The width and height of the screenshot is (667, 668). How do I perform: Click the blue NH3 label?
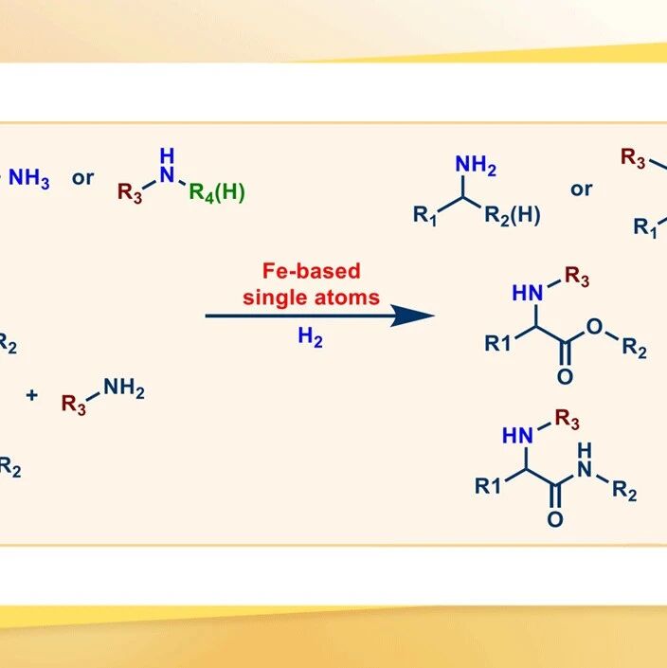[x=29, y=178]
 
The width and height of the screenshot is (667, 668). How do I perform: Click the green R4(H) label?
[x=217, y=192]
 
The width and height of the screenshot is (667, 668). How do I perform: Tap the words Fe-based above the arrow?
[x=312, y=271]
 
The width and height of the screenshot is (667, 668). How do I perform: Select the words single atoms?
[x=311, y=298]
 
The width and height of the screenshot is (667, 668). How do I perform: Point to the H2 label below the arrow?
[x=310, y=337]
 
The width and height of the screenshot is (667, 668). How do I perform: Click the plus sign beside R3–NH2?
[x=31, y=395]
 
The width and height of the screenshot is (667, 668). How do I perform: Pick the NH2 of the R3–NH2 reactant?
[x=124, y=388]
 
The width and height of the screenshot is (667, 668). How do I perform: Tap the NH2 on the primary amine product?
[x=476, y=165]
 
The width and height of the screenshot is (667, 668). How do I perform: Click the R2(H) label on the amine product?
[x=513, y=215]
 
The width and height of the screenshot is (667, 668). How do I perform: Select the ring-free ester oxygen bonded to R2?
[x=594, y=327]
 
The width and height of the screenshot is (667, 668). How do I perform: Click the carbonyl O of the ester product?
[x=566, y=376]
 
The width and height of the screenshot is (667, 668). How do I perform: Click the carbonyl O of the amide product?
[x=555, y=519]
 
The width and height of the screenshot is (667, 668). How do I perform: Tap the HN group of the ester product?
[x=528, y=293]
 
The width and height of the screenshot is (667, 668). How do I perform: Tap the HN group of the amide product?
[x=517, y=436]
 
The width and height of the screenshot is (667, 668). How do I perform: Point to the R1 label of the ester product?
[x=497, y=343]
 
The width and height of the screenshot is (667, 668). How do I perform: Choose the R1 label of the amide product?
[x=488, y=486]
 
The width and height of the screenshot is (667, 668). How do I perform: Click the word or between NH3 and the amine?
[x=82, y=178]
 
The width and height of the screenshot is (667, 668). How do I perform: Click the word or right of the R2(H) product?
[x=582, y=190]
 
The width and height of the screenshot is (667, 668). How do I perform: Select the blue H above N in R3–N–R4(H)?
[x=167, y=156]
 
